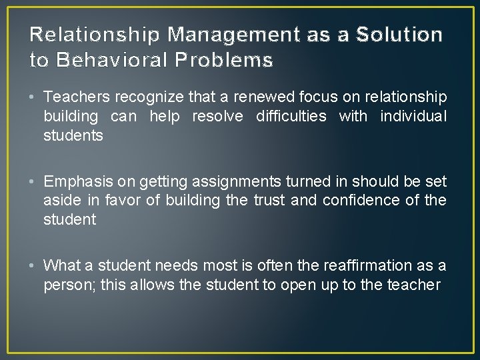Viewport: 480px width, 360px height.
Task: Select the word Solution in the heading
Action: click(399, 34)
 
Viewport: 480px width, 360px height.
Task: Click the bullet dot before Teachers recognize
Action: click(33, 98)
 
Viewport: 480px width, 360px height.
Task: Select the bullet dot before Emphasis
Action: click(33, 182)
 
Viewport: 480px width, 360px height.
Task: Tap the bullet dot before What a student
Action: click(33, 266)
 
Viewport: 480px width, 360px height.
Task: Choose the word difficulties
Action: click(291, 117)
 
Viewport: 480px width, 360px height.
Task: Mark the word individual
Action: click(413, 117)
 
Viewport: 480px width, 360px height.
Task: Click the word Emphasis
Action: click(73, 181)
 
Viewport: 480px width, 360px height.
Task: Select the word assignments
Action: click(239, 181)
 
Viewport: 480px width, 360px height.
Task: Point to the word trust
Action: click(269, 200)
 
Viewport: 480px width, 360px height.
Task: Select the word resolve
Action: click(217, 117)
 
